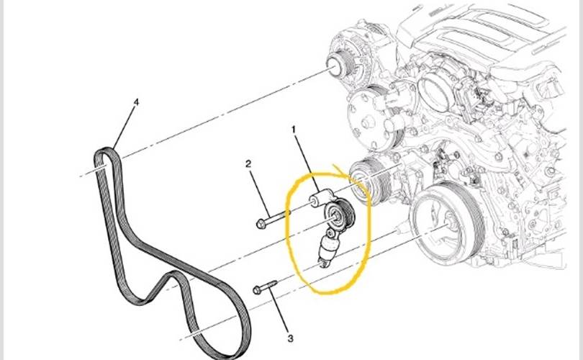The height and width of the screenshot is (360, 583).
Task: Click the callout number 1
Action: click(294, 130)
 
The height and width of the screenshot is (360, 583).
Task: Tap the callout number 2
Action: click(248, 165)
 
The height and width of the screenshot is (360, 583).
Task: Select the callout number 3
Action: click(290, 338)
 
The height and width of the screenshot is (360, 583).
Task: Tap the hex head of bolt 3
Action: click(257, 290)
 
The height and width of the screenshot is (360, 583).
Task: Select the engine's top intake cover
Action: click(497, 29)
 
